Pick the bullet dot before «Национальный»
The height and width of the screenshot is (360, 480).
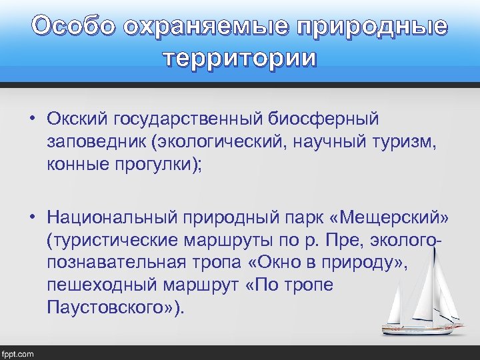pos(32,217)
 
